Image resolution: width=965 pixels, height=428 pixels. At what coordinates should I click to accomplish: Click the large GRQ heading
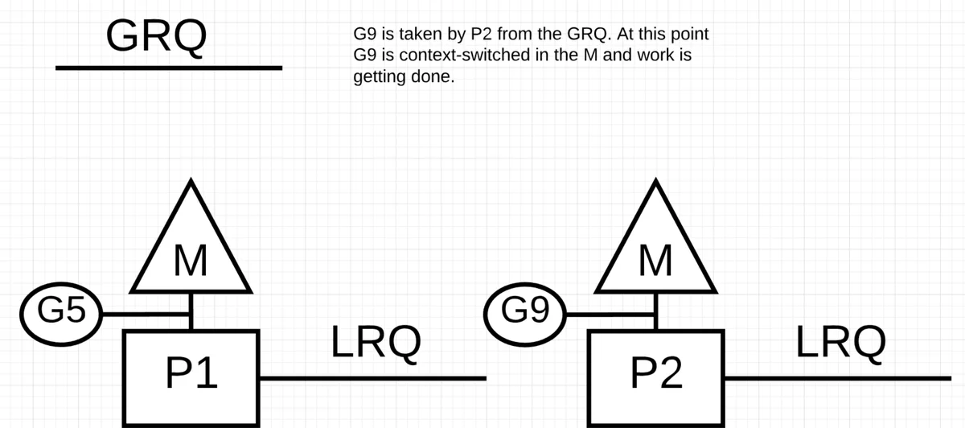(156, 36)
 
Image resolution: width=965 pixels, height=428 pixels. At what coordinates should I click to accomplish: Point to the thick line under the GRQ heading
(169, 68)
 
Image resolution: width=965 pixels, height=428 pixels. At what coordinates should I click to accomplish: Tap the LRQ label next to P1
(376, 343)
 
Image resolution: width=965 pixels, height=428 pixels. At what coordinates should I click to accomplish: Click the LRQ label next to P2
(841, 343)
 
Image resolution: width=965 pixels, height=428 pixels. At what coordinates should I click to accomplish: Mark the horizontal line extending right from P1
(373, 378)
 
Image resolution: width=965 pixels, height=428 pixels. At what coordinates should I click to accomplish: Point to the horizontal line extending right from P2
(838, 378)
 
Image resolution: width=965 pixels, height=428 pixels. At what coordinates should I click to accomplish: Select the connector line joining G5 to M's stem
(146, 315)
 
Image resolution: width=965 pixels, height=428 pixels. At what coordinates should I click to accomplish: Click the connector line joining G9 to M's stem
(610, 315)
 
